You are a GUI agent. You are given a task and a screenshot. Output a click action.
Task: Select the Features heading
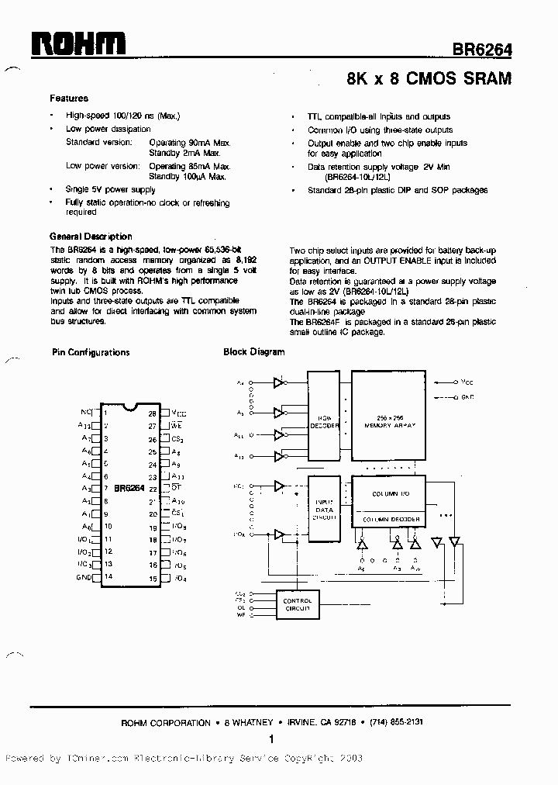click(69, 99)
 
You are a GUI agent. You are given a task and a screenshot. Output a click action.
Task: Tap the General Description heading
click(91, 237)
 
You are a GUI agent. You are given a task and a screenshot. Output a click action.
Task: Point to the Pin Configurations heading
click(91, 352)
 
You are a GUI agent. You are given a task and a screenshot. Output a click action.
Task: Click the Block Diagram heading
click(254, 352)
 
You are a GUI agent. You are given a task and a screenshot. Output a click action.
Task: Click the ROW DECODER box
click(324, 425)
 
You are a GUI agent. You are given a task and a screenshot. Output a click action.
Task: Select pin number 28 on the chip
click(153, 413)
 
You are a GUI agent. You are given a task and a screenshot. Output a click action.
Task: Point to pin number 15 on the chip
click(153, 578)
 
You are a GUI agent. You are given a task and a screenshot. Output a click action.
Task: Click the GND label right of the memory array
click(467, 397)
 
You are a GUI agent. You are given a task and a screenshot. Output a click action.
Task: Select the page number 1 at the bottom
click(272, 740)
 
